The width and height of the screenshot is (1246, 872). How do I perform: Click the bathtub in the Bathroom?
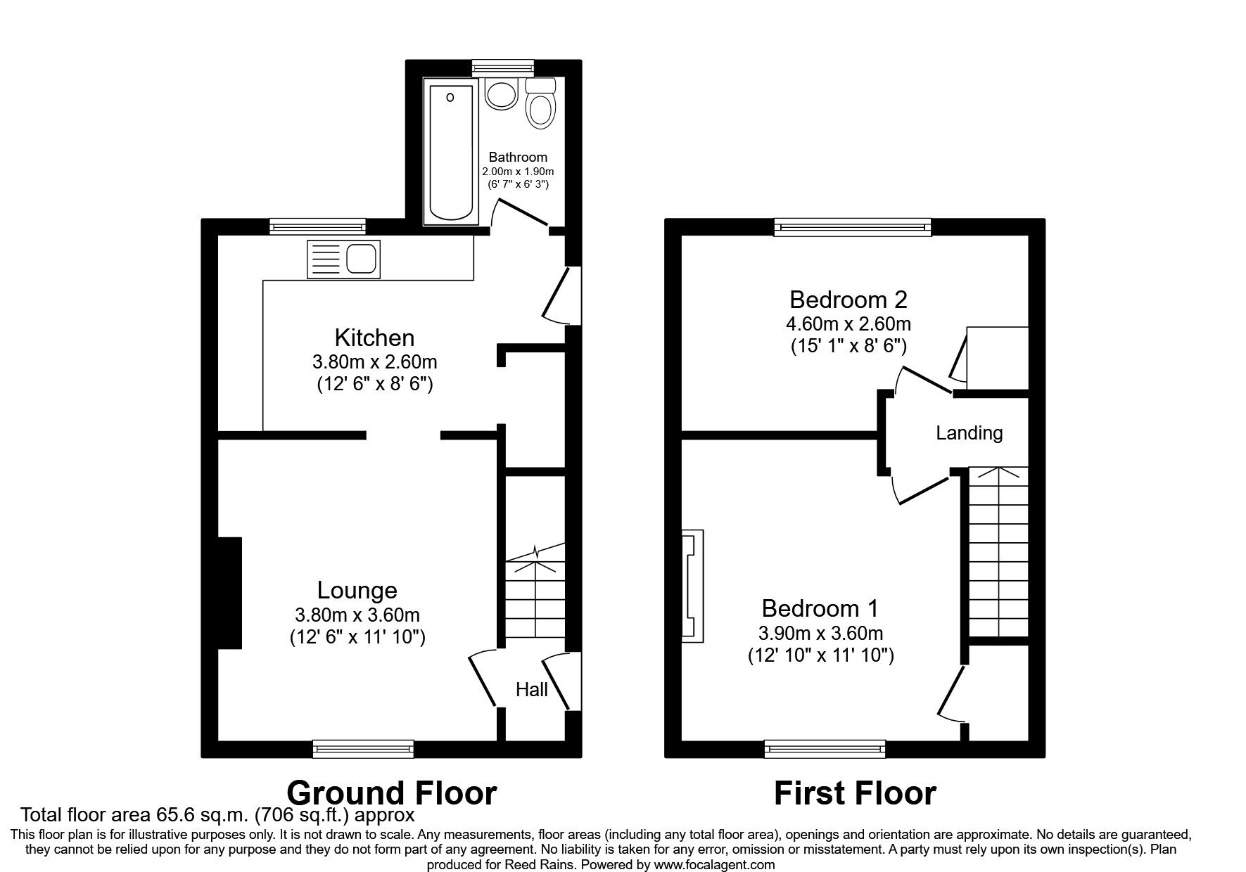(x=450, y=150)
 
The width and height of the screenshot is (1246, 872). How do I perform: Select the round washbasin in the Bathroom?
(x=501, y=93)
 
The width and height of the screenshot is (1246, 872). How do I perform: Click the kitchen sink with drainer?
(x=343, y=259)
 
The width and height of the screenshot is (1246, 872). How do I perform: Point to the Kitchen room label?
(x=374, y=338)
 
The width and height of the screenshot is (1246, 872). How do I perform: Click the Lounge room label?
(x=357, y=589)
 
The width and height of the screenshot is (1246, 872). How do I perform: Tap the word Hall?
(x=532, y=689)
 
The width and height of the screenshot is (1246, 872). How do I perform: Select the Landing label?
(x=969, y=432)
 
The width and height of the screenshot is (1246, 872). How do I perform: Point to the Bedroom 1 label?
(x=820, y=608)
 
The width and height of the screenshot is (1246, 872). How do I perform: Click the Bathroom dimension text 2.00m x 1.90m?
(x=518, y=172)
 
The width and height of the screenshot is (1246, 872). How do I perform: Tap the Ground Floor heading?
(x=391, y=793)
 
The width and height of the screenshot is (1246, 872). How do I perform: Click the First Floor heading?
(x=855, y=793)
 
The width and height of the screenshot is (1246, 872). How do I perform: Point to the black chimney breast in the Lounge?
(x=229, y=593)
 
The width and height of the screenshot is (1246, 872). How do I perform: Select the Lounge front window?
(x=363, y=749)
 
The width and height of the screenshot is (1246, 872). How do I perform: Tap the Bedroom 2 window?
(x=853, y=226)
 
